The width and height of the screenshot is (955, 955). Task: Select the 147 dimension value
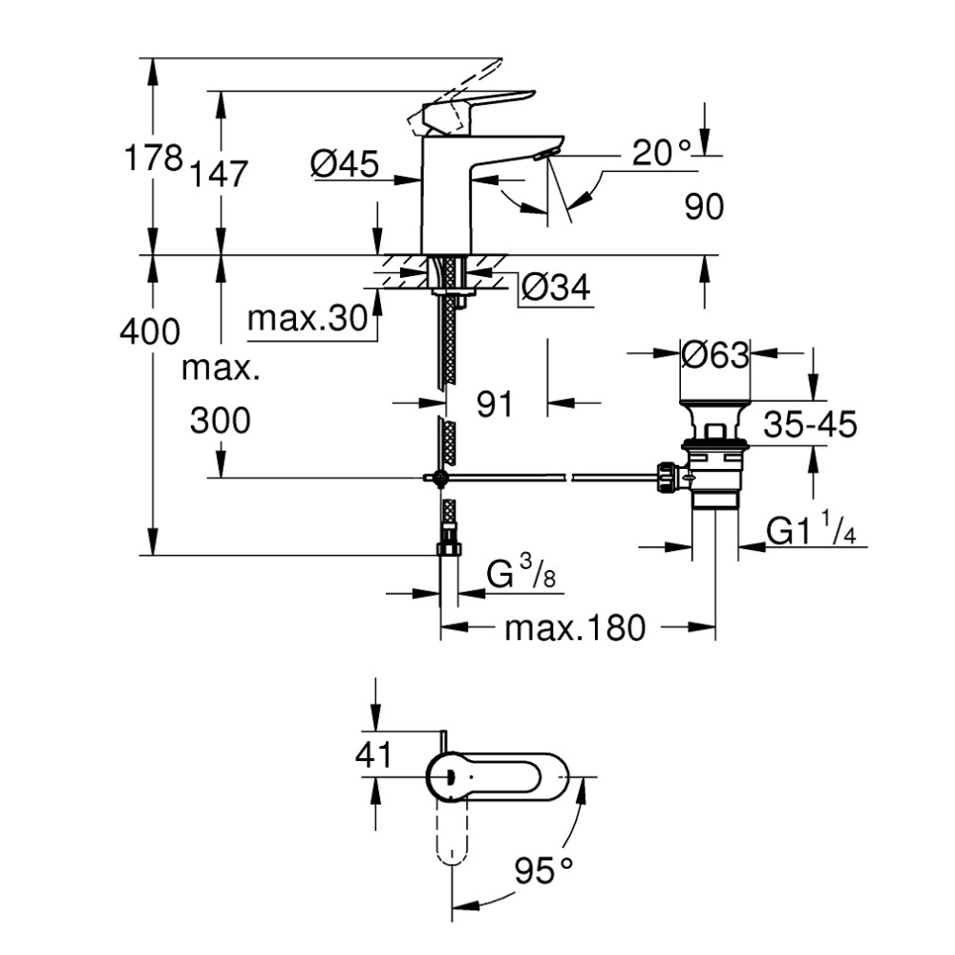coord(219,174)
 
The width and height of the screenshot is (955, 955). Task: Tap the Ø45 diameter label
coord(345,165)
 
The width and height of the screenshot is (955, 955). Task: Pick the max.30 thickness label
coord(308,318)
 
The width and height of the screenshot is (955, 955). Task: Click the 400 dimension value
coord(150,331)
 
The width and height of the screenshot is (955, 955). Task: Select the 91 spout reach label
coord(495,404)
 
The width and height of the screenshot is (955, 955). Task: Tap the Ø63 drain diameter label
coord(715,354)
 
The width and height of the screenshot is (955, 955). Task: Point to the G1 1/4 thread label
coord(811,531)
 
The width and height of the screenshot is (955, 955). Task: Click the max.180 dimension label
coord(575,627)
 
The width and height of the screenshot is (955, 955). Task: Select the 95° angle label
coord(542,870)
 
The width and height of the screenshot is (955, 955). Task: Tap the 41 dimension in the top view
coord(373,755)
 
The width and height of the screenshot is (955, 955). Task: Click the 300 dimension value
coord(220,419)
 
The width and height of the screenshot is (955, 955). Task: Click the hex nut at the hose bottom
coord(448,547)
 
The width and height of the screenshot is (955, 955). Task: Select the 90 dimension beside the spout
coord(705,206)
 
